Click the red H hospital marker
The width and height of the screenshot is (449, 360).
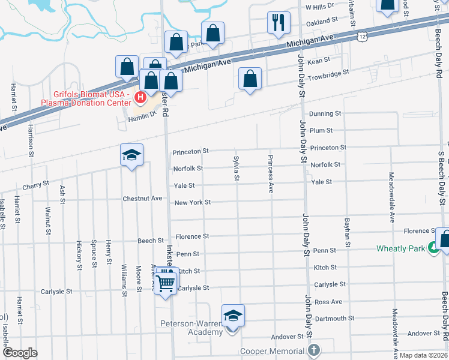tap(140, 97)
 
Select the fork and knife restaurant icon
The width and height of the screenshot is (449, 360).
tap(278, 23)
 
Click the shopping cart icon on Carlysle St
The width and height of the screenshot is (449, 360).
tap(166, 281)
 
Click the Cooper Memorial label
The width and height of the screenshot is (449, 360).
tap(273, 351)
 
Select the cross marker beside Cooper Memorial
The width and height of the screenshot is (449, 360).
tap(313, 350)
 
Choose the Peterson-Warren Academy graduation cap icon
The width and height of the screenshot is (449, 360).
tap(233, 316)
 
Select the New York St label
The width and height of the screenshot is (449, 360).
tap(192, 202)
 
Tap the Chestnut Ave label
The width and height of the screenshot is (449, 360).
tap(142, 198)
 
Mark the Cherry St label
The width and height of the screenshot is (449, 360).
tap(35, 186)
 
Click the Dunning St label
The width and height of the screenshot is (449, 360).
tap(325, 113)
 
